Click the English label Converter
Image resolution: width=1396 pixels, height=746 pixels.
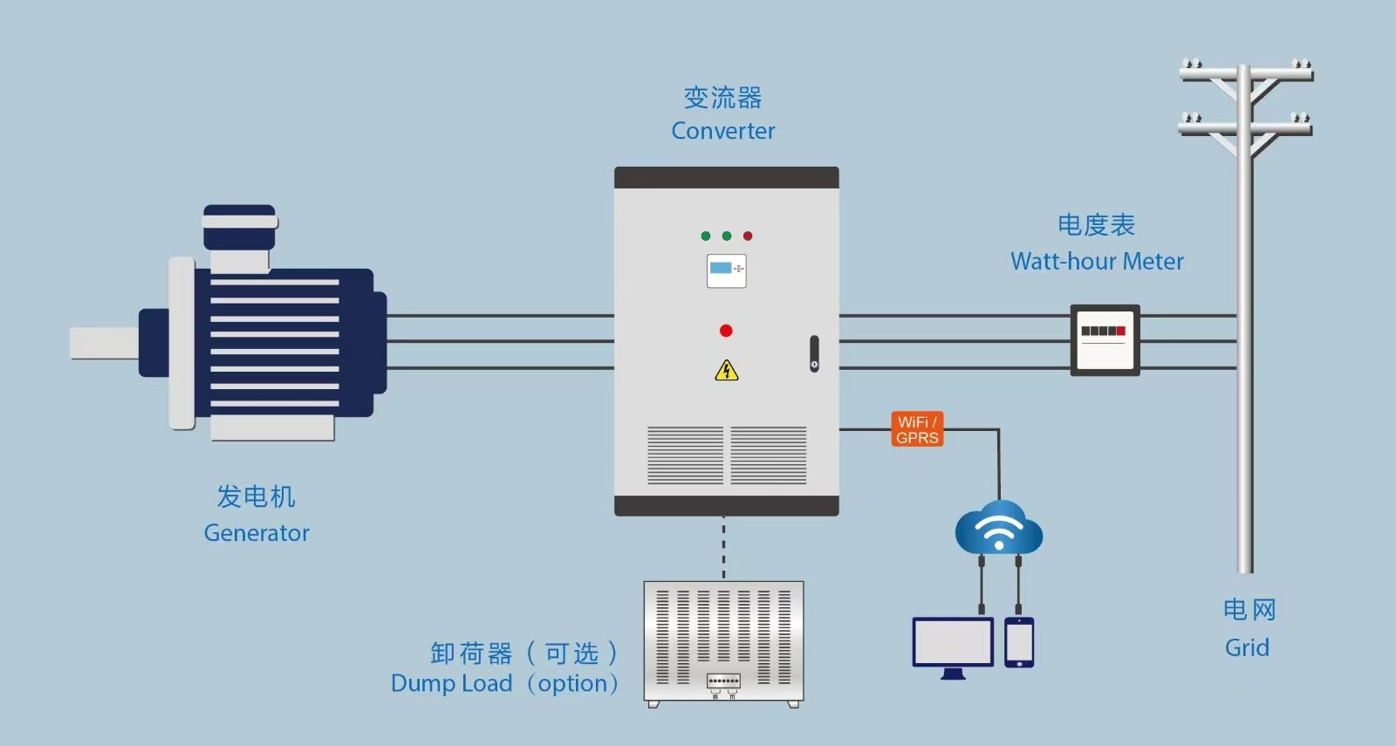[723, 131]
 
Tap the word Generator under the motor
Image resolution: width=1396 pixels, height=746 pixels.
[257, 533]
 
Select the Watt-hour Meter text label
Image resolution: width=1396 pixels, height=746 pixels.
[1097, 261]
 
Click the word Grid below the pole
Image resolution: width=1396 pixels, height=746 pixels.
[1247, 647]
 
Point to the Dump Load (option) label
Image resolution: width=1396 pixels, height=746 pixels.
[505, 684]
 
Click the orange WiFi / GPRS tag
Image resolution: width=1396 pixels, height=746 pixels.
[917, 429]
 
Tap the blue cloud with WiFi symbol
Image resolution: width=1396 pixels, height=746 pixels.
[999, 528]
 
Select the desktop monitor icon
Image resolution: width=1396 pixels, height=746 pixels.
[953, 647]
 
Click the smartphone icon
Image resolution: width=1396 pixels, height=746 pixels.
[1019, 642]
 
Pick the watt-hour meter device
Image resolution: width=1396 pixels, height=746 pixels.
[1105, 340]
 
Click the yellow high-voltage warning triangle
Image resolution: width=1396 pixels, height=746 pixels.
[726, 370]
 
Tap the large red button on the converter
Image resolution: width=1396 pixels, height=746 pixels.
[726, 331]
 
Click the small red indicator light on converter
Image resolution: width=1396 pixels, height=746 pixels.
[748, 236]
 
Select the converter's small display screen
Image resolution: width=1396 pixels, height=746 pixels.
[726, 270]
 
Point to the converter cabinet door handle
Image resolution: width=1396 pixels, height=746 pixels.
[815, 354]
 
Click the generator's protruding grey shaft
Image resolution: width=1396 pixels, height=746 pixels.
[104, 344]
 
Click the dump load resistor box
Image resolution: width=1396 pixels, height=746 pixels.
[723, 644]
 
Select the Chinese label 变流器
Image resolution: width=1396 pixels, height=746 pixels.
[723, 98]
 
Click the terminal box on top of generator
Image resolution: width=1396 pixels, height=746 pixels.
[240, 236]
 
